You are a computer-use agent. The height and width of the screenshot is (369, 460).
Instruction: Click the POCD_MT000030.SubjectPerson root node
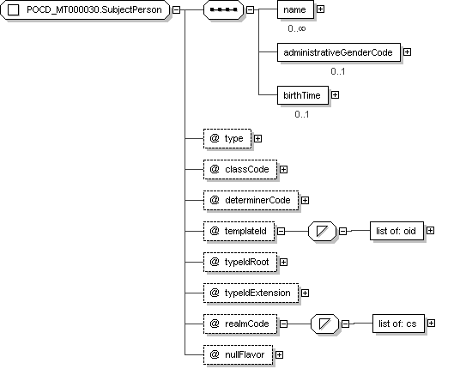click(85, 9)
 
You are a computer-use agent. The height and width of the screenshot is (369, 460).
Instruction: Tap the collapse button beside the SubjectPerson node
click(176, 9)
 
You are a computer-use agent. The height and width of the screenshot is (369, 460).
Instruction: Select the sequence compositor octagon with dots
click(223, 9)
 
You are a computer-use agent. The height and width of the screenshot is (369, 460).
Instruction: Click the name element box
click(295, 9)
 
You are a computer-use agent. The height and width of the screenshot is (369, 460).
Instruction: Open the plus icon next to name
click(320, 9)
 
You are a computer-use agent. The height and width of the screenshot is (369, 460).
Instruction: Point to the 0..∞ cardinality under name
click(297, 28)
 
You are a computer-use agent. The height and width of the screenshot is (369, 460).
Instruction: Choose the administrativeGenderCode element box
click(339, 52)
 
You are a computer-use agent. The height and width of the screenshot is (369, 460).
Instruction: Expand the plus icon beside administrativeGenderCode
click(407, 52)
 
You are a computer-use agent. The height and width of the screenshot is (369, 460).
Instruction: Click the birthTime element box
click(303, 95)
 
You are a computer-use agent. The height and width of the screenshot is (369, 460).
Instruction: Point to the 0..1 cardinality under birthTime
click(302, 114)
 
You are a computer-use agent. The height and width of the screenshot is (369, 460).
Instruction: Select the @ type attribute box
click(227, 138)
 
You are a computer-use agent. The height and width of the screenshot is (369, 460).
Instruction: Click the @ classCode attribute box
click(240, 170)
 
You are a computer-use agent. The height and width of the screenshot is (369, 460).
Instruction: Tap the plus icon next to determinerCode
click(306, 200)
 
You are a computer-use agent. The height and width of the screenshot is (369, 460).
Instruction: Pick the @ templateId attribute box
click(239, 232)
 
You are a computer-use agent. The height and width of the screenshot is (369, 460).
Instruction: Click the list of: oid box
click(397, 231)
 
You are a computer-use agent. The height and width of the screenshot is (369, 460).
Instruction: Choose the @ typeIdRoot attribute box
click(240, 263)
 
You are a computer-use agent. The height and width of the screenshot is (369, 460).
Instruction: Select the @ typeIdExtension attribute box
click(251, 293)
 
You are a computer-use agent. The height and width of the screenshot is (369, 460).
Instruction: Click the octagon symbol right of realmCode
click(324, 324)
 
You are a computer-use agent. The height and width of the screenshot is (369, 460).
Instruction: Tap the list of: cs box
click(398, 324)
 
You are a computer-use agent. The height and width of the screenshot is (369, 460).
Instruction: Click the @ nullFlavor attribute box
click(239, 355)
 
